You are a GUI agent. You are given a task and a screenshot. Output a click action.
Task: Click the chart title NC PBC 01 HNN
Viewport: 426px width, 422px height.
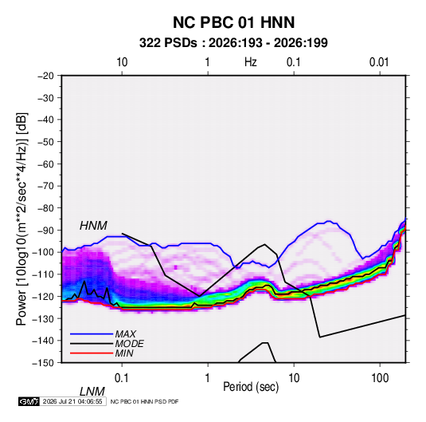[x=233, y=22]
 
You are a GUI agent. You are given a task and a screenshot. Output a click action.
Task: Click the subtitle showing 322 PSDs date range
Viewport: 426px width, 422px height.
[x=233, y=43]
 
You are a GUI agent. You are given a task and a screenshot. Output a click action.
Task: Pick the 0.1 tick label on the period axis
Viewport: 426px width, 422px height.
[x=122, y=378]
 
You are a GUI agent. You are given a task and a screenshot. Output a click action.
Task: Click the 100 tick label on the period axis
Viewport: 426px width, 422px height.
[x=380, y=378]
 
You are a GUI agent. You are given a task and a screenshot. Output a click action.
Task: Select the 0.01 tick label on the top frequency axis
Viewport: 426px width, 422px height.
[x=379, y=62]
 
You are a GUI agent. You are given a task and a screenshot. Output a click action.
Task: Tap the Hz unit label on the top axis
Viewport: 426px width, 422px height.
[x=251, y=62]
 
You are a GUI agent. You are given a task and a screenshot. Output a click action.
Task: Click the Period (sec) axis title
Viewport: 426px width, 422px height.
[x=251, y=387]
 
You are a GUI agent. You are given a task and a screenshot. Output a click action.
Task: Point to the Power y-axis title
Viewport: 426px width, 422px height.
[x=21, y=219]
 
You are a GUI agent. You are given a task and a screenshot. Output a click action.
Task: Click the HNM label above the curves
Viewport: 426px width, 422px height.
[x=93, y=226]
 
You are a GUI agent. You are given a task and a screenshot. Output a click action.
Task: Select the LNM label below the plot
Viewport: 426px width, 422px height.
[x=92, y=392]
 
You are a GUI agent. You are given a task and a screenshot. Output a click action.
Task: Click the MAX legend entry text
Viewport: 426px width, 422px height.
[x=126, y=334]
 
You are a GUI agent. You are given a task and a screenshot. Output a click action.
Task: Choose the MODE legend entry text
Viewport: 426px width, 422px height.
[x=129, y=344]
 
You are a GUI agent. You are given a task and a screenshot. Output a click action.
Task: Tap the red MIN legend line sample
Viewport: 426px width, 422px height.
[x=92, y=353]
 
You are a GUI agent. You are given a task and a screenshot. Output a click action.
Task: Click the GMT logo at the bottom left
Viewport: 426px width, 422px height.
[x=29, y=401]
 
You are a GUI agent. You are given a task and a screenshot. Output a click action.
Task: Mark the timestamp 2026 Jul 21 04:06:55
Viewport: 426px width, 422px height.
[x=72, y=401]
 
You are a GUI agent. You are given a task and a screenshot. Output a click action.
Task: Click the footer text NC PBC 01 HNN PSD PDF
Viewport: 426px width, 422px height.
[x=145, y=401]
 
